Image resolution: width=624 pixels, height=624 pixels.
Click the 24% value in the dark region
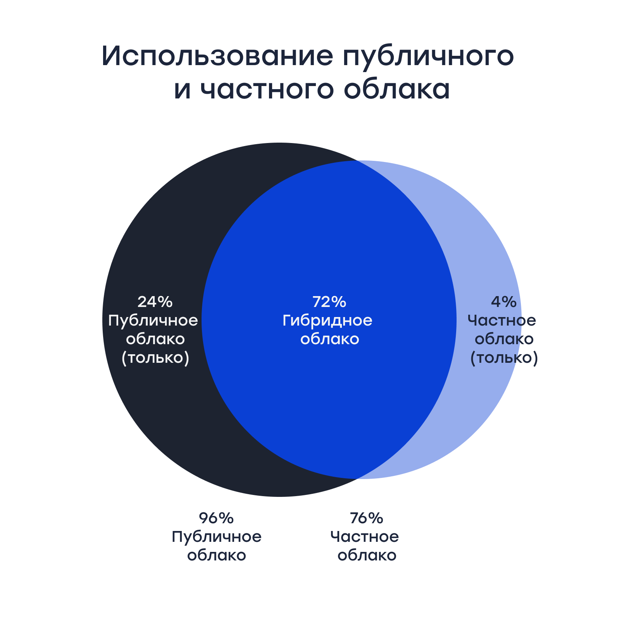tap(155, 302)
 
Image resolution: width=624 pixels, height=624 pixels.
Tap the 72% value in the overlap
tap(329, 302)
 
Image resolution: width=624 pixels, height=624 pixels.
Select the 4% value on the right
tap(503, 302)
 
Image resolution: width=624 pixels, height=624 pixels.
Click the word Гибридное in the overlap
tap(328, 321)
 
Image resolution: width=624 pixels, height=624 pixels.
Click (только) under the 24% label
tap(155, 358)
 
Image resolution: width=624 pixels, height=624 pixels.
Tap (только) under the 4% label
tap(504, 358)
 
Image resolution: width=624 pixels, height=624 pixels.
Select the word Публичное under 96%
tap(217, 537)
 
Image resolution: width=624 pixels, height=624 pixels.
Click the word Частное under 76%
tap(365, 537)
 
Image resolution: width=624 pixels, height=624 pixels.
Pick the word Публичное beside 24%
tap(153, 321)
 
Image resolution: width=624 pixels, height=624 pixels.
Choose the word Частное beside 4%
tap(502, 321)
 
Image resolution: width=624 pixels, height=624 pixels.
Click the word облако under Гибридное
tap(330, 339)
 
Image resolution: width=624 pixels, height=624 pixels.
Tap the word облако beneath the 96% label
tap(217, 555)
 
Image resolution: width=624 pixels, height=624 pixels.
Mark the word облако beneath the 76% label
tap(367, 555)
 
